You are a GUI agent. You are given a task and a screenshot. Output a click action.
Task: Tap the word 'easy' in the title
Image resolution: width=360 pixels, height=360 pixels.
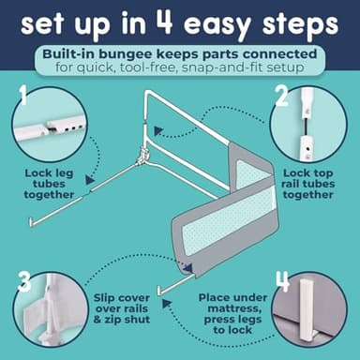point(217,25)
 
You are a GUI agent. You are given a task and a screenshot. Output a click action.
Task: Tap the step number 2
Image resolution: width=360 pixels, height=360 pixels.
point(282,96)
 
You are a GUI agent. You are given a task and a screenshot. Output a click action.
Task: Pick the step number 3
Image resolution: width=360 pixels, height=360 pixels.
point(24,281)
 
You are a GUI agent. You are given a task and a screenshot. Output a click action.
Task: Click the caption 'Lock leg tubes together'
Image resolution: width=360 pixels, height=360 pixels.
point(49,184)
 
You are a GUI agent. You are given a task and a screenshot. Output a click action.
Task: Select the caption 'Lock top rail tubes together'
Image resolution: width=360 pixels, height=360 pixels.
point(307,184)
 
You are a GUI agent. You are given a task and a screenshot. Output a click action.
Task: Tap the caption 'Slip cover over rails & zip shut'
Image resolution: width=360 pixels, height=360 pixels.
point(122,308)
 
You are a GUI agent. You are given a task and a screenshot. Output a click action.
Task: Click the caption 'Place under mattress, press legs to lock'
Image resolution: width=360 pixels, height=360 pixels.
point(232,314)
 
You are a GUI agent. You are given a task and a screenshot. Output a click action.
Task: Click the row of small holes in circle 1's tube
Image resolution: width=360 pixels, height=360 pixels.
point(74,127)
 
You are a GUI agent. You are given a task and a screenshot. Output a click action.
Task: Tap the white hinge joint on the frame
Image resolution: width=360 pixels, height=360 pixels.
point(142,157)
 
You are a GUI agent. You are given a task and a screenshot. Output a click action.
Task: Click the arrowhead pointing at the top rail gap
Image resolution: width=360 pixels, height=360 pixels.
point(159,131)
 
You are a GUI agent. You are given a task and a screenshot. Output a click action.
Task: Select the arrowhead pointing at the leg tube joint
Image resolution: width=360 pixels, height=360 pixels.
point(90,180)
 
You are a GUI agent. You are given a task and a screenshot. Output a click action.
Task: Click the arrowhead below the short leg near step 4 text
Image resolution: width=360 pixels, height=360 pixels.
point(167,303)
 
